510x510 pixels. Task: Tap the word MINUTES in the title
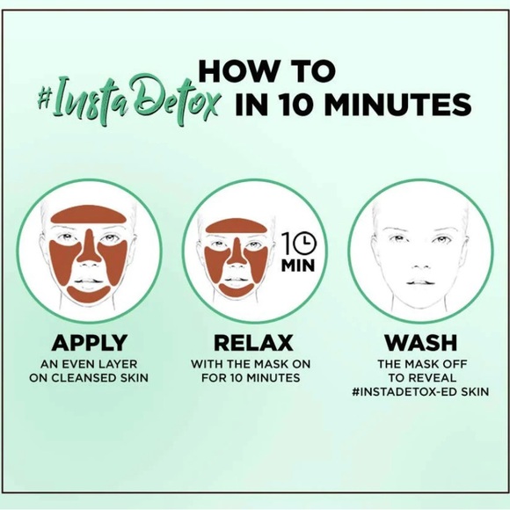pos(382,106)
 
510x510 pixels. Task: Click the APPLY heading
pos(90,342)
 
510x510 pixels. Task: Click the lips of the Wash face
pos(416,282)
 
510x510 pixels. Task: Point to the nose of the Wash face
pos(416,260)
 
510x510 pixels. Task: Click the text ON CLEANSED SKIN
pos(90,378)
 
